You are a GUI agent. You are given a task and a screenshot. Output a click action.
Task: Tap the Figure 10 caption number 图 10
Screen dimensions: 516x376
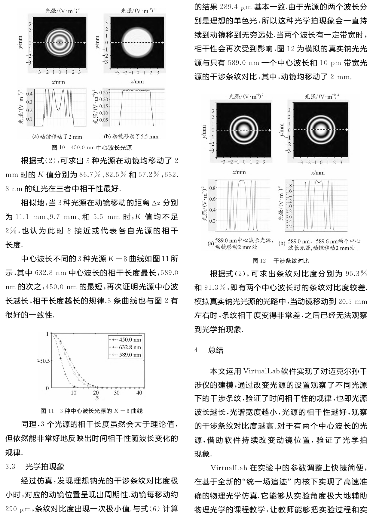58,148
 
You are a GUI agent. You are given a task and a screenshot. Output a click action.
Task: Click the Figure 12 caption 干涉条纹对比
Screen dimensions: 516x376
291,261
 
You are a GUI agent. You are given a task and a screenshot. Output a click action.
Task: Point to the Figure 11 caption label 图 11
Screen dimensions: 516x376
47,411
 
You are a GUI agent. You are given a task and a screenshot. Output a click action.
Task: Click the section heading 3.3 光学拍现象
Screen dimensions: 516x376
35,467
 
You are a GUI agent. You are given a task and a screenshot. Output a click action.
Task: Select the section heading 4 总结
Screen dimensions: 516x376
209,350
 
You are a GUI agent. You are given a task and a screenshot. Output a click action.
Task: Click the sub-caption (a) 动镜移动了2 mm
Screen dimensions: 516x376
57,137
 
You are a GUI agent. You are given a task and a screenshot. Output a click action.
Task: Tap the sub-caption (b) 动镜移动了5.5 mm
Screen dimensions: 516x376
131,137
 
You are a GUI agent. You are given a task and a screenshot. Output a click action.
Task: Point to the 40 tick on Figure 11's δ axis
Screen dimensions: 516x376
139,393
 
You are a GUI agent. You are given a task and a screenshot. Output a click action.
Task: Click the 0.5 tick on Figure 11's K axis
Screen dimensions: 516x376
46,361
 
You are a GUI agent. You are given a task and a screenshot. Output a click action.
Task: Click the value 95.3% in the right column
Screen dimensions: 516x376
356,274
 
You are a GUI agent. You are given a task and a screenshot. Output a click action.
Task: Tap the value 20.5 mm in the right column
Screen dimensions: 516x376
353,301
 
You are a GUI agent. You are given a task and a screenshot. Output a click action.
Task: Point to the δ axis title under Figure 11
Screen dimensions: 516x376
97,399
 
